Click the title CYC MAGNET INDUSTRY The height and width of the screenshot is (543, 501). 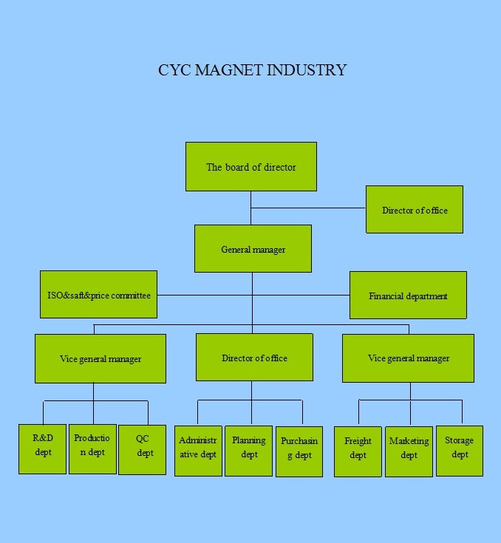tap(252, 70)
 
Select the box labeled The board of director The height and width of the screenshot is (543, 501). tap(251, 166)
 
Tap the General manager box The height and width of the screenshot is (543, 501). tap(253, 249)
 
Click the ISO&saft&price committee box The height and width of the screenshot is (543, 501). tap(99, 294)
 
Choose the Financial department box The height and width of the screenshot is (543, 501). tap(408, 295)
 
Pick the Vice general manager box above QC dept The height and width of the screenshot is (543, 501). tap(100, 359)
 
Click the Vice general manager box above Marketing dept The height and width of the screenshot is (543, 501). tap(408, 358)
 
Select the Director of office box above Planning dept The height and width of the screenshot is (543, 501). tap(254, 358)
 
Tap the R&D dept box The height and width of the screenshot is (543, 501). tap(43, 449)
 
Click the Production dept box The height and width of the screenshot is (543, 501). tap(92, 449)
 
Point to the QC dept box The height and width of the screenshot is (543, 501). tap(143, 450)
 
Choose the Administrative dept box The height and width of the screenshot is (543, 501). tap(198, 451)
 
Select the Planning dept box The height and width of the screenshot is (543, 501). tap(249, 451)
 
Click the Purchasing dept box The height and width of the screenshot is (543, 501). tap(299, 452)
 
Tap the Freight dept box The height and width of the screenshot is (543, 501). tap(358, 452)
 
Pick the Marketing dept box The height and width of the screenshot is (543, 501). tap(409, 452)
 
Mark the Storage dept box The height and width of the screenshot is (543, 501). tap(460, 451)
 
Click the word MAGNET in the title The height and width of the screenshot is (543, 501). tap(229, 70)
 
